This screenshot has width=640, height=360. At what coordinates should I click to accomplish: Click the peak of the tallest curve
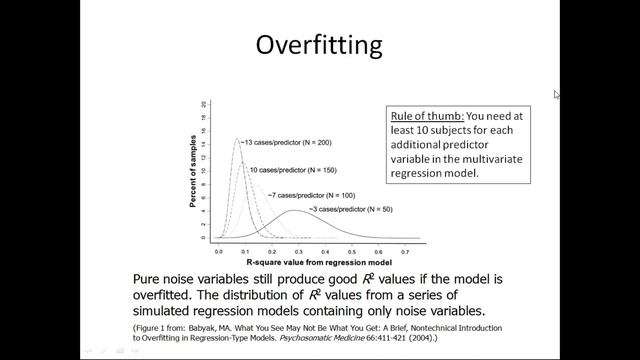click(x=237, y=139)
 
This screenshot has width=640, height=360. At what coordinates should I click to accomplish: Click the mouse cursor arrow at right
click(x=557, y=94)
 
